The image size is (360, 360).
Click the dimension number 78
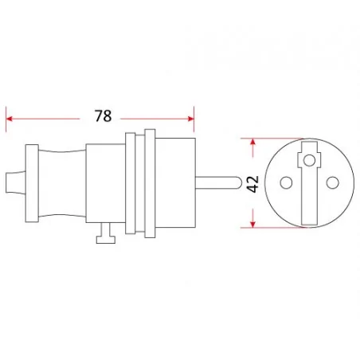[101, 116]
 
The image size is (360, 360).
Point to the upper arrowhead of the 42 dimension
[253, 143]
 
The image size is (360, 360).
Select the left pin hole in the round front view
[284, 182]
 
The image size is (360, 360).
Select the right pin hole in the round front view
[330, 182]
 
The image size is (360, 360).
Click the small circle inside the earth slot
[307, 162]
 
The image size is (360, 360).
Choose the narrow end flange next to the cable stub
[31, 182]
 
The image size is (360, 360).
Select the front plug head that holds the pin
[176, 182]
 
